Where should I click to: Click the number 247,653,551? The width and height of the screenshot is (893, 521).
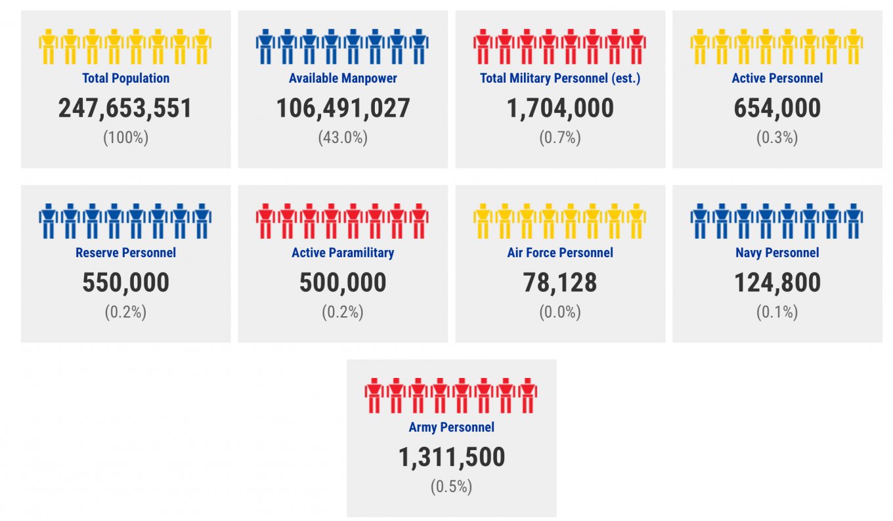[125, 108]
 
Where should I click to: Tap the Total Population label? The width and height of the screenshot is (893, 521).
[125, 78]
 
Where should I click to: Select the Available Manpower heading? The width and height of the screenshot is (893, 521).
[343, 78]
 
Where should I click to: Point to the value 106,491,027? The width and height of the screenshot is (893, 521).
[343, 108]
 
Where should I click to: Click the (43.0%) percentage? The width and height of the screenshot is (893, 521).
[343, 138]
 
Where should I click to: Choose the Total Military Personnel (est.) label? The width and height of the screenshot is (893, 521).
[560, 78]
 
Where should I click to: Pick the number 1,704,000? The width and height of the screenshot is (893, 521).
[560, 108]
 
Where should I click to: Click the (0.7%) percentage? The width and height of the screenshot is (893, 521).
[560, 138]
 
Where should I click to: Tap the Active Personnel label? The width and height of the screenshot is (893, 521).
[777, 78]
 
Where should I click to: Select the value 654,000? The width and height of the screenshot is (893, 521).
[777, 108]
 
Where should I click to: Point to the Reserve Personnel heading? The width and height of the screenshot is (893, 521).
[125, 253]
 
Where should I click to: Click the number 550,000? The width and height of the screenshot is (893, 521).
[125, 283]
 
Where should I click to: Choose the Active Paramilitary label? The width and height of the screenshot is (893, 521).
[343, 253]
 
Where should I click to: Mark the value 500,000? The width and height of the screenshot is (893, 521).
[343, 283]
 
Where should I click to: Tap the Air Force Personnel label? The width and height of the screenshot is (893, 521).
[560, 253]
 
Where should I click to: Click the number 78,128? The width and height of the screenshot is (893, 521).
[560, 283]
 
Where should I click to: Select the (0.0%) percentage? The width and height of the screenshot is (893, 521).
[560, 312]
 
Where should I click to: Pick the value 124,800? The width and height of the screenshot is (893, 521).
[777, 283]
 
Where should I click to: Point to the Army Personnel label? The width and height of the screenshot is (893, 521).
[451, 427]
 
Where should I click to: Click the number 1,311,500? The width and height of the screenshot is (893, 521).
[451, 457]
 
